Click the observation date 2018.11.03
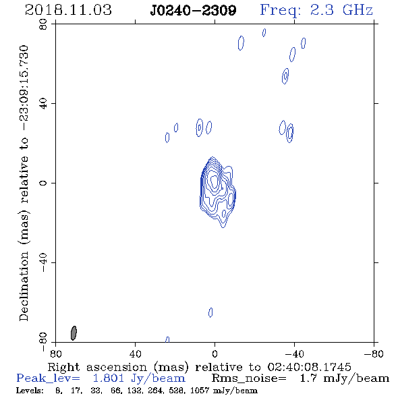[68, 10]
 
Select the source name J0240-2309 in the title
[193, 10]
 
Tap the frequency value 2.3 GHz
[341, 10]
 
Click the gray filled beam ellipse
[74, 333]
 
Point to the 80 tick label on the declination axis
[43, 24]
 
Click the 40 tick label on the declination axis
[43, 104]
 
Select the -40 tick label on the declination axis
[43, 262]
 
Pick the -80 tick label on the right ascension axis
[374, 353]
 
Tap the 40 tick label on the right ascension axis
[136, 353]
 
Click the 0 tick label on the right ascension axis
[215, 353]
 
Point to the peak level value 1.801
[109, 378]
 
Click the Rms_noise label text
[249, 378]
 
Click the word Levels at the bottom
[30, 390]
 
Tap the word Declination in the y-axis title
[24, 286]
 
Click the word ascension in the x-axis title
[117, 367]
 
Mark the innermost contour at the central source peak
[215, 181]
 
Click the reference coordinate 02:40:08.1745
[310, 367]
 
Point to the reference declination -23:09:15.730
[24, 88]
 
